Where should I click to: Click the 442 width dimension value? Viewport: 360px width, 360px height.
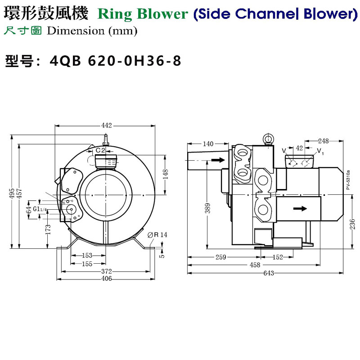point(106,125)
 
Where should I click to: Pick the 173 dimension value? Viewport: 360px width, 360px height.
point(48,229)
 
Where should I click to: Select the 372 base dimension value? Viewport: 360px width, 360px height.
point(106,271)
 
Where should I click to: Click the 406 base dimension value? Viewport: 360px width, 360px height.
point(106,279)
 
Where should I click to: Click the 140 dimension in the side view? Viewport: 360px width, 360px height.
point(208,144)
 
